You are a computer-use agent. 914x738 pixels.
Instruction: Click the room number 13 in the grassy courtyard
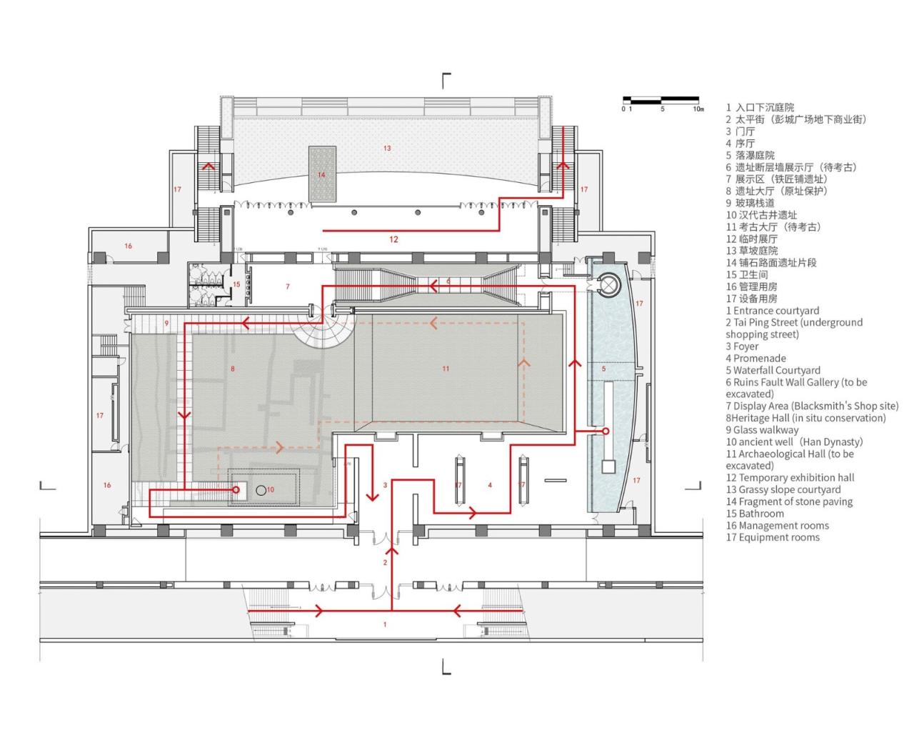tap(387, 149)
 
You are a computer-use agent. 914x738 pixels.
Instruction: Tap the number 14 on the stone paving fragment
tap(321, 174)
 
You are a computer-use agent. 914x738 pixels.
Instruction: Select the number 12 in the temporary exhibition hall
tap(393, 239)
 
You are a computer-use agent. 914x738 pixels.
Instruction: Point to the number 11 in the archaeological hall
tap(446, 369)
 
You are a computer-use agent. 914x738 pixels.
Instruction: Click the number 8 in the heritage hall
tap(232, 368)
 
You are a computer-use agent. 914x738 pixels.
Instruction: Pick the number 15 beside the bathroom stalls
tap(236, 284)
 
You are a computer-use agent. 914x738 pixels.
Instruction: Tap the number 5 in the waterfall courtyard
tap(603, 369)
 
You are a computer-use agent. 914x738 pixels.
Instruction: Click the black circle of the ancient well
tap(261, 489)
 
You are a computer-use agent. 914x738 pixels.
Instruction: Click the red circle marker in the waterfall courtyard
tap(605, 432)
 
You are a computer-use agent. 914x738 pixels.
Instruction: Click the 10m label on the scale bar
tap(698, 109)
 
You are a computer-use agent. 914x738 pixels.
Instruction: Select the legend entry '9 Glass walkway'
tap(762, 430)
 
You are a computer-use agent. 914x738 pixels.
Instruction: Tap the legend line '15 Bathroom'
tap(755, 514)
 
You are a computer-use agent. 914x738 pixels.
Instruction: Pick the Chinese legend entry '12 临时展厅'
tap(752, 239)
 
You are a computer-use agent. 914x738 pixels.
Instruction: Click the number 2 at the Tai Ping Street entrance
tap(385, 563)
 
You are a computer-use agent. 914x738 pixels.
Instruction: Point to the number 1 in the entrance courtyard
tap(385, 624)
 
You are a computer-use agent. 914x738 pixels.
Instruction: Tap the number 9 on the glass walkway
tap(167, 324)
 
